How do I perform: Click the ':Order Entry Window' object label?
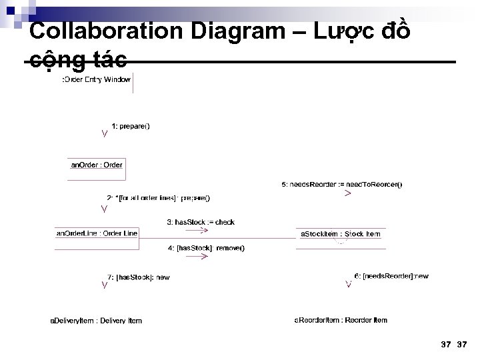pyautogui.click(x=96, y=79)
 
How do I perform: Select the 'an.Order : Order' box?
pyautogui.click(x=97, y=165)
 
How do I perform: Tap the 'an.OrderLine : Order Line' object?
pyautogui.click(x=97, y=233)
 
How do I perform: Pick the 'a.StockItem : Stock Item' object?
pyautogui.click(x=341, y=234)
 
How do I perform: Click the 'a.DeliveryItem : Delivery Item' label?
pyautogui.click(x=96, y=321)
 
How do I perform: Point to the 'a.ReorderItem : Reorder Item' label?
pyautogui.click(x=341, y=320)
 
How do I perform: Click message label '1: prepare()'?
pyautogui.click(x=131, y=125)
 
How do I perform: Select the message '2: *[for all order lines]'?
pyautogui.click(x=158, y=197)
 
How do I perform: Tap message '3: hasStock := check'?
pyautogui.click(x=200, y=222)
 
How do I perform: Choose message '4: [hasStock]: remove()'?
pyautogui.click(x=206, y=248)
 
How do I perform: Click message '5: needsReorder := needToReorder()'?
pyautogui.click(x=342, y=184)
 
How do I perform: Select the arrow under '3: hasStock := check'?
pyautogui.click(x=203, y=230)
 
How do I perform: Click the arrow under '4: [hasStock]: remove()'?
pyautogui.click(x=203, y=256)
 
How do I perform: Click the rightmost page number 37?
pyautogui.click(x=463, y=344)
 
